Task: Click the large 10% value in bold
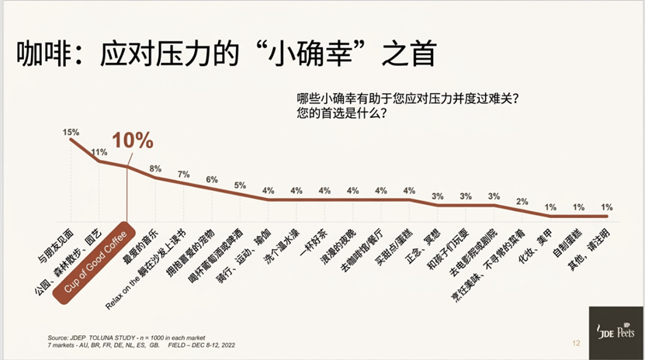(x=133, y=141)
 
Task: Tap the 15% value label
(x=71, y=133)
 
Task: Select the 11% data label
(x=99, y=152)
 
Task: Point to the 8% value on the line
(x=155, y=168)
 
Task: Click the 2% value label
(x=522, y=201)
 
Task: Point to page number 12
(x=575, y=342)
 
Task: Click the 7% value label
(x=183, y=174)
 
